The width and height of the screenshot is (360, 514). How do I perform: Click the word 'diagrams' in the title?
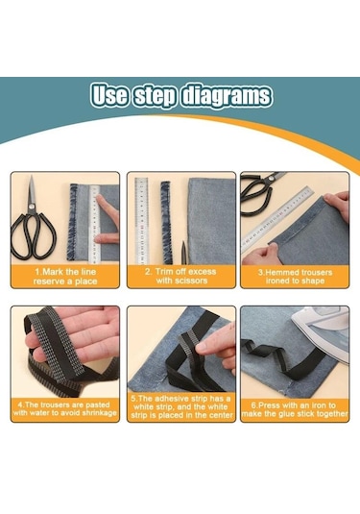point(227,96)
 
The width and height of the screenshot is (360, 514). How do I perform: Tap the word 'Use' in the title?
point(109,95)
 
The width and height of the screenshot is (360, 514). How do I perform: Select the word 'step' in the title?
point(155,96)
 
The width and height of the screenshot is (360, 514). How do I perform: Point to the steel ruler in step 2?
point(141,221)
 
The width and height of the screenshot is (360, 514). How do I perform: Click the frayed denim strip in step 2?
point(166,222)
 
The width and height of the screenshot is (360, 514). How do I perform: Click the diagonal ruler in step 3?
point(277,220)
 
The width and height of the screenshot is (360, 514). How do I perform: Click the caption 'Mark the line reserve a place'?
point(65,277)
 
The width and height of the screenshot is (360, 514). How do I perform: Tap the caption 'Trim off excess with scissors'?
point(181,276)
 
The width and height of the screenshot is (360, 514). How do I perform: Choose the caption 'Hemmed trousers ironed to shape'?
point(295,277)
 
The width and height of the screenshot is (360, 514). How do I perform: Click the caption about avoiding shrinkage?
point(65,408)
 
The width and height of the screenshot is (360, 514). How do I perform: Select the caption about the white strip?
point(181,407)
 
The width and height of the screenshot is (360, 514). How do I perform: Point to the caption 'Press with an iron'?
point(295,409)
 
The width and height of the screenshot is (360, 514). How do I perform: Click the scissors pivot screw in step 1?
point(32,207)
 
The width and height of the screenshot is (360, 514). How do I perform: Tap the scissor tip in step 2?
point(184,242)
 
